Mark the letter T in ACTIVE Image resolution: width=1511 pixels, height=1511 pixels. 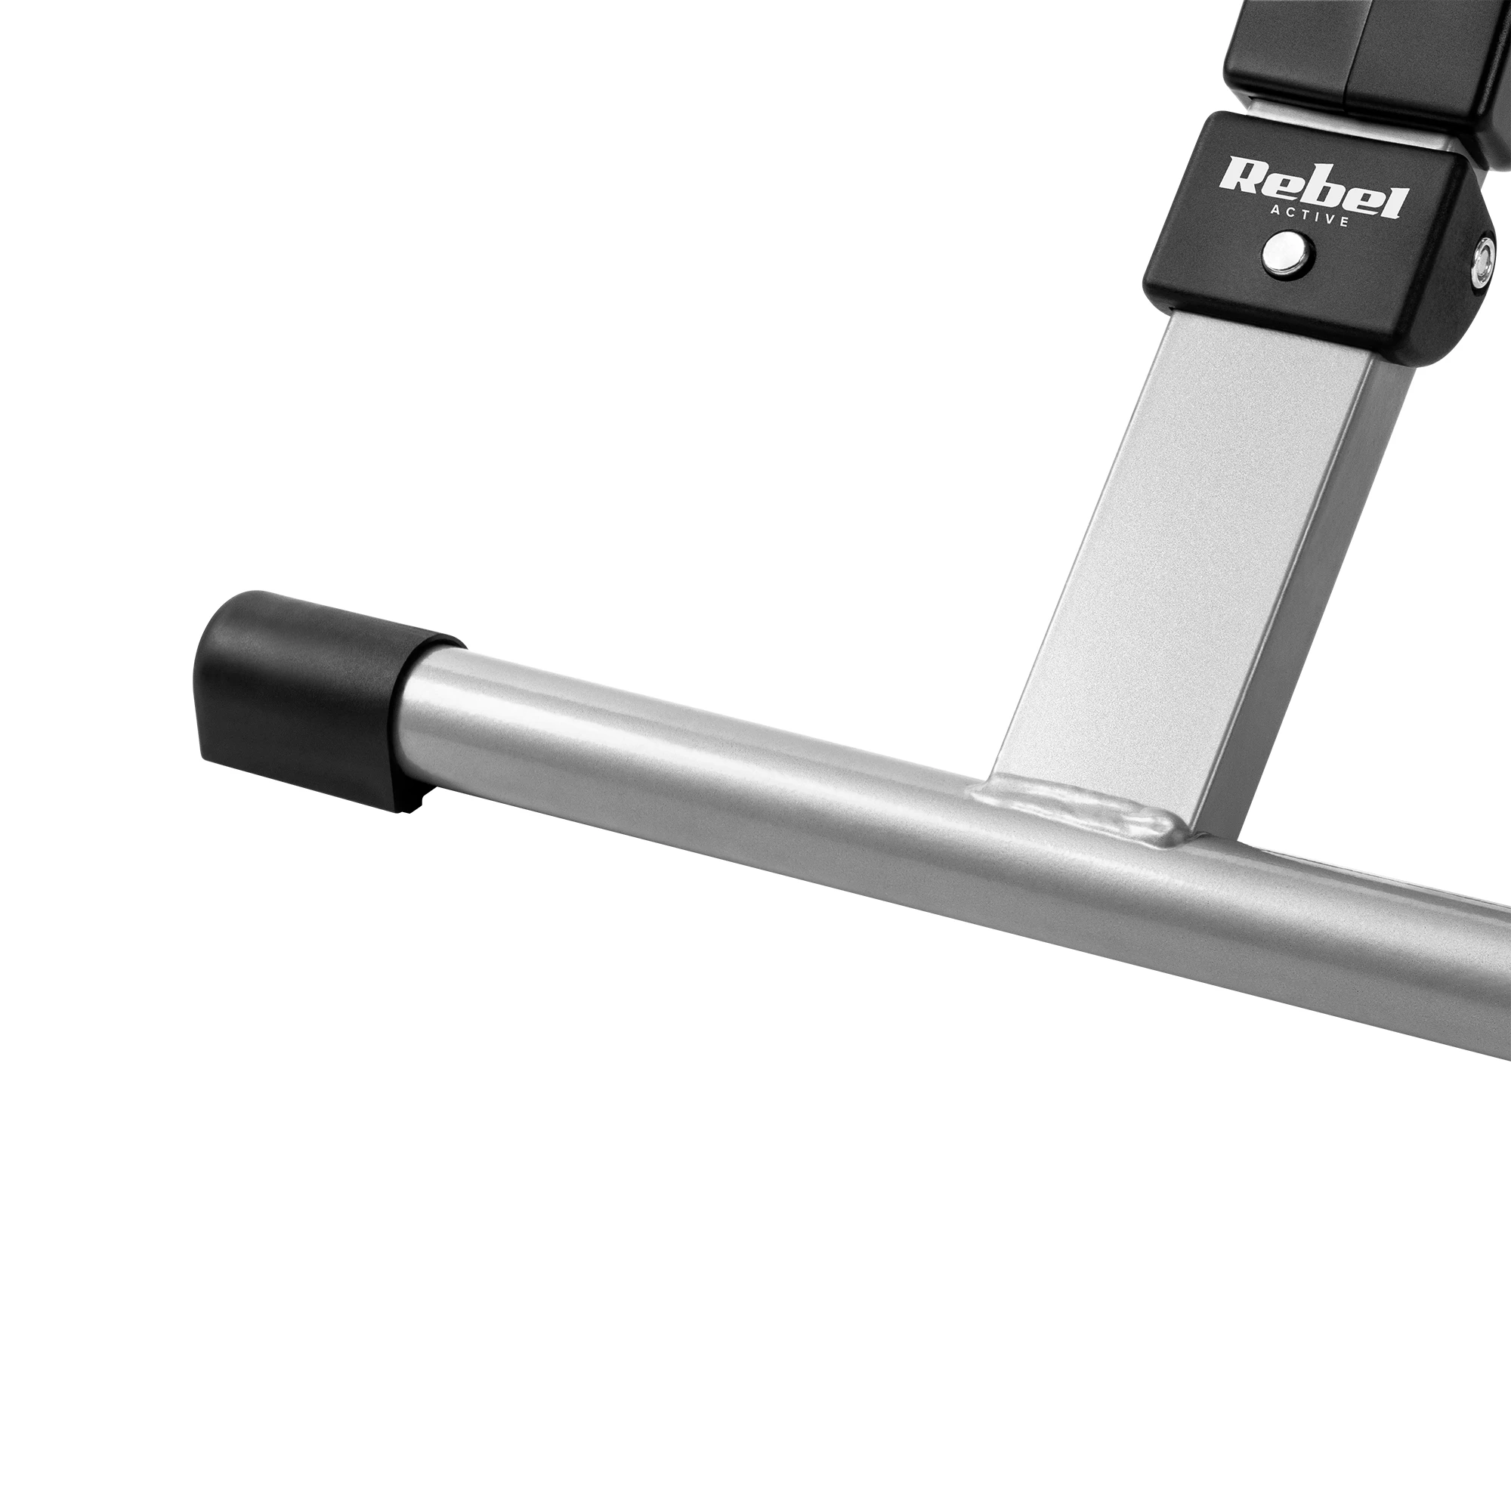click(1306, 215)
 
